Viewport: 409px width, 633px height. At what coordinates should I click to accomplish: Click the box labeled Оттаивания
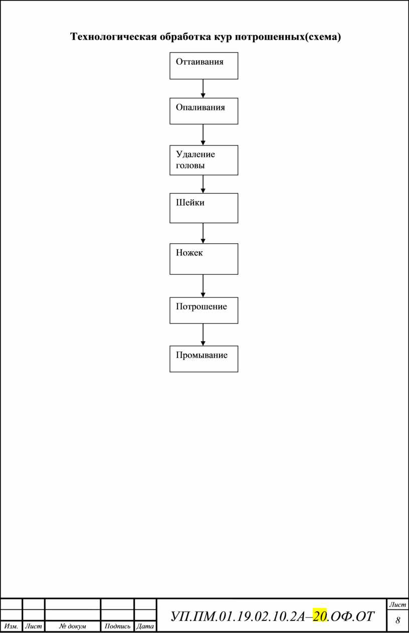pos(203,66)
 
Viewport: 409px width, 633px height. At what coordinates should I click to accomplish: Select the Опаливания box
pos(203,111)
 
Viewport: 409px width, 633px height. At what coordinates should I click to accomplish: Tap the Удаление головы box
pos(203,160)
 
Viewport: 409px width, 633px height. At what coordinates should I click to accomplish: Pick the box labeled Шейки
pos(203,208)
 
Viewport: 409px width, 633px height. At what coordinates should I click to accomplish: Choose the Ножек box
pos(203,259)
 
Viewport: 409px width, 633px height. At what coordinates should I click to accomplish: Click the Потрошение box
pos(203,310)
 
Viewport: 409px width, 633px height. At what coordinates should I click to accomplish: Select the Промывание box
pos(203,359)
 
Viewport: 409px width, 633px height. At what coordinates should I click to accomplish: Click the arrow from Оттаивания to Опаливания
pos(203,88)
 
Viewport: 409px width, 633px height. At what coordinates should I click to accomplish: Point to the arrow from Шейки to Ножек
pos(203,233)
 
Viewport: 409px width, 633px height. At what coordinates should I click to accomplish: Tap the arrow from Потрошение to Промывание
pos(203,335)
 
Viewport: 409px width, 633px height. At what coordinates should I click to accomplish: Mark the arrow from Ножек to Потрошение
pos(203,286)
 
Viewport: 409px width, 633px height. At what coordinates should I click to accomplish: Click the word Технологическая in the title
pos(113,37)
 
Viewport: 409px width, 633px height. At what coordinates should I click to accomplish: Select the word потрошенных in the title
pos(270,37)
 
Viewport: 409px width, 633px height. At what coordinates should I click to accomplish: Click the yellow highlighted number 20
pos(319,616)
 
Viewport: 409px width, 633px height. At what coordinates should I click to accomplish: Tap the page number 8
pos(397,620)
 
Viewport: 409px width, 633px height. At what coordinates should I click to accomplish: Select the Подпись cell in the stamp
pos(117,626)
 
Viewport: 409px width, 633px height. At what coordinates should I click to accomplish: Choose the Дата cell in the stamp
pos(145,626)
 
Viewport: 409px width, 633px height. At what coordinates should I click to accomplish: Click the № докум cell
pos(73,626)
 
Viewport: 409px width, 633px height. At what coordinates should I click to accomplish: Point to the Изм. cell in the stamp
pos(11,626)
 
